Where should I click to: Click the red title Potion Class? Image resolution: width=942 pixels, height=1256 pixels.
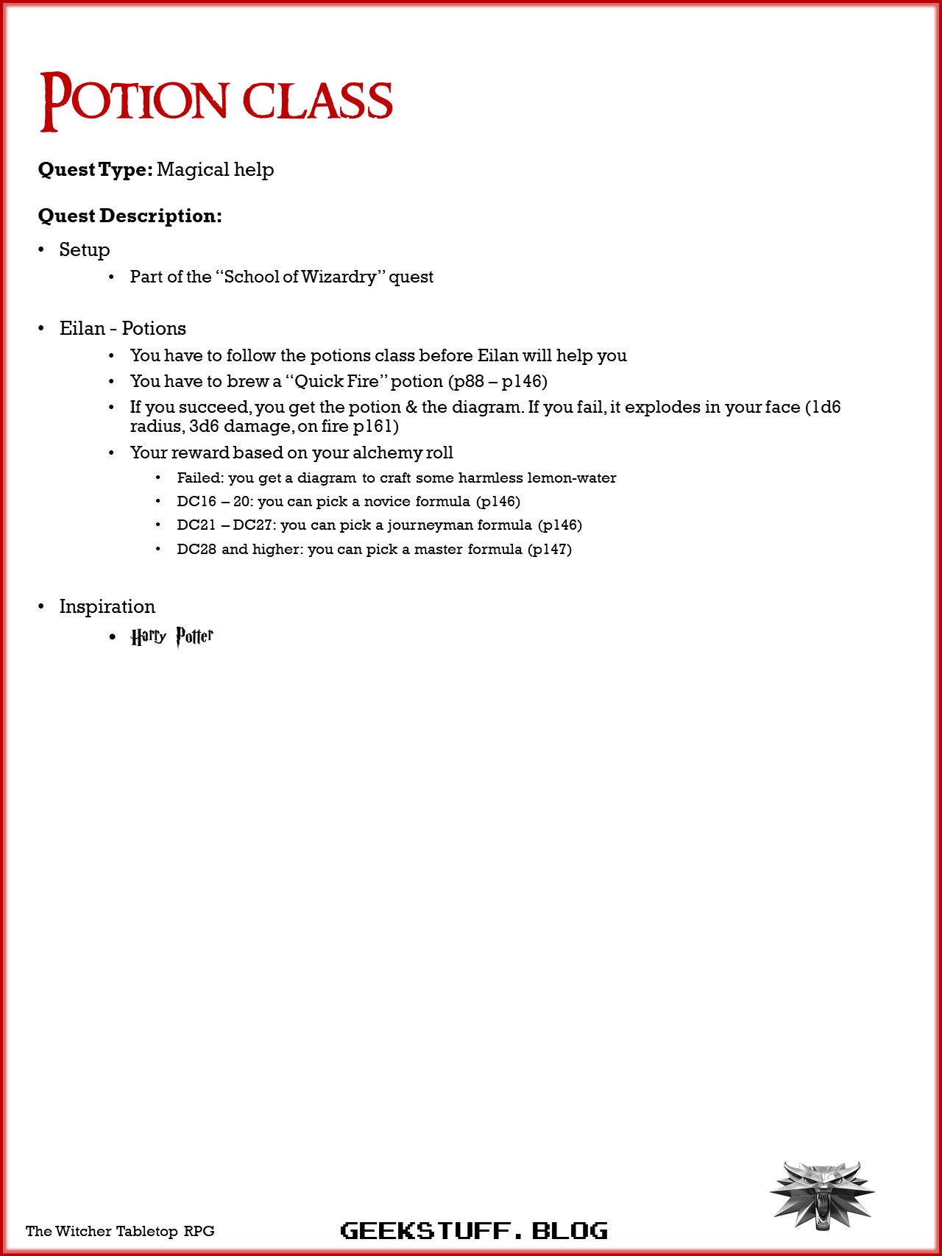pos(216,101)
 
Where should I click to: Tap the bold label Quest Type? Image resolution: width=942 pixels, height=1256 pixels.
pos(96,170)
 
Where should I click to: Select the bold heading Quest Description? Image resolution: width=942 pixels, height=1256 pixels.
pos(130,216)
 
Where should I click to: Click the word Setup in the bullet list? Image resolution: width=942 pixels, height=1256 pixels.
pos(85,250)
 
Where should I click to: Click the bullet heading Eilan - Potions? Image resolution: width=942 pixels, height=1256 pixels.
pos(122,329)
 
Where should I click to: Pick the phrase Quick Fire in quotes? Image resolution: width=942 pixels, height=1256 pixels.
pos(336,382)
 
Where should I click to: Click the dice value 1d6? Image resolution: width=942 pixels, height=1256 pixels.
pos(826,408)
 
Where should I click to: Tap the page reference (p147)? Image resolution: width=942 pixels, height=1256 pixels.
pos(550,550)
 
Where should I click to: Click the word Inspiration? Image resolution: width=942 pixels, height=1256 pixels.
pos(107,607)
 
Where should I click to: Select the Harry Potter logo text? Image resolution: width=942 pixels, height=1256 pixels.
pos(172,636)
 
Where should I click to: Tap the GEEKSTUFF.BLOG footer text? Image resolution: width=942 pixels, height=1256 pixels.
pos(474,1230)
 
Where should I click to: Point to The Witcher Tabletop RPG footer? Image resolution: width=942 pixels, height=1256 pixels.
pos(120,1231)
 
